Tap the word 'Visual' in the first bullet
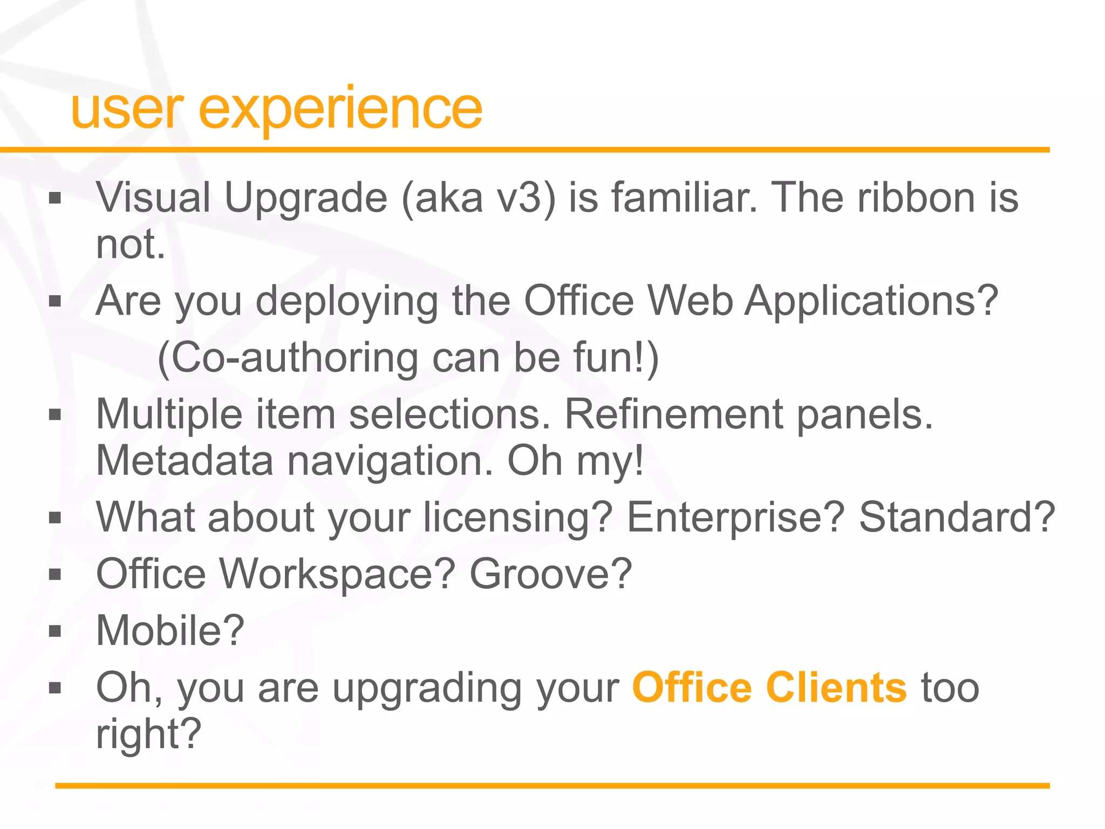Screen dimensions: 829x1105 coord(153,198)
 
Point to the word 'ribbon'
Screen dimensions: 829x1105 coord(916,198)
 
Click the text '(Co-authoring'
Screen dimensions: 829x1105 coord(287,358)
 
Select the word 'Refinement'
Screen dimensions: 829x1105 coord(673,414)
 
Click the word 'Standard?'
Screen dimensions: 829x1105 coord(956,517)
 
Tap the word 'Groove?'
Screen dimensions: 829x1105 coord(550,574)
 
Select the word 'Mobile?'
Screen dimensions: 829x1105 coord(170,630)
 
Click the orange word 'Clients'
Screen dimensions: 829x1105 coord(836,688)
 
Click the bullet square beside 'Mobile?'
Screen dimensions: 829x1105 coord(55,631)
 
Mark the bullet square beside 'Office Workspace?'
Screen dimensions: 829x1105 coord(55,574)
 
